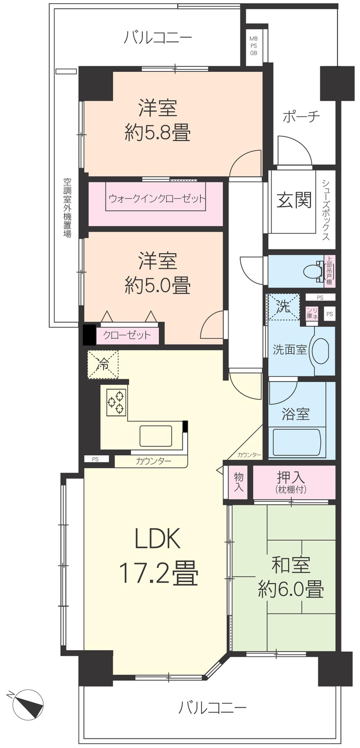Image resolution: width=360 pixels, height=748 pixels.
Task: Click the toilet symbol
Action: (x=312, y=272)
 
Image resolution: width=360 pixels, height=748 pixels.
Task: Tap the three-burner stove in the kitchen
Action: (x=116, y=402)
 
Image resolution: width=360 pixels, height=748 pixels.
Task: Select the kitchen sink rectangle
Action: (x=156, y=436)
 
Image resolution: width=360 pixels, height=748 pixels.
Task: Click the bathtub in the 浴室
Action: (x=296, y=443)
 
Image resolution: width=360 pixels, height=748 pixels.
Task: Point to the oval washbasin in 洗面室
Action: (x=320, y=350)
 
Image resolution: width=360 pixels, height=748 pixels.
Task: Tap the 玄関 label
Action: (x=294, y=200)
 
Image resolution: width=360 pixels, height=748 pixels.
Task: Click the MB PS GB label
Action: (x=253, y=46)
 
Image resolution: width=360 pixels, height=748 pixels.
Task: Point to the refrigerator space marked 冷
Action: (x=103, y=365)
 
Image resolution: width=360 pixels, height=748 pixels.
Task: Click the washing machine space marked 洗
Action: (x=283, y=307)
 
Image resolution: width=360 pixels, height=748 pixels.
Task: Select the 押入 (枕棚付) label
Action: (x=291, y=482)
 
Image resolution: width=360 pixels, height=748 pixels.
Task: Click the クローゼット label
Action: (x=127, y=335)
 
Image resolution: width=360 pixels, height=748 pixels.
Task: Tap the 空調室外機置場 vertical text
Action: (x=67, y=208)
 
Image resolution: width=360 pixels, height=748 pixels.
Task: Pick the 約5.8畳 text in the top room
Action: (x=157, y=132)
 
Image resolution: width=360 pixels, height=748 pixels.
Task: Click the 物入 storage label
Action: (x=239, y=482)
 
